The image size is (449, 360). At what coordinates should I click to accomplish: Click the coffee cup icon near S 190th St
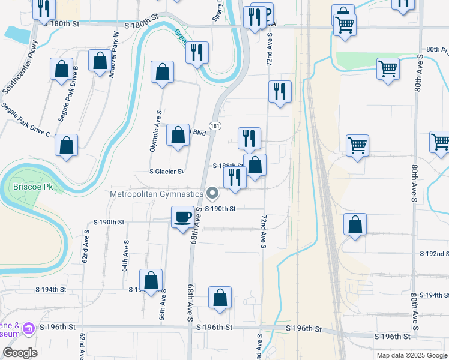(182, 217)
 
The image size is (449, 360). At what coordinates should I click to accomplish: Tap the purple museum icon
(28, 329)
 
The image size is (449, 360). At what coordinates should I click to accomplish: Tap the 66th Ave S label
(163, 305)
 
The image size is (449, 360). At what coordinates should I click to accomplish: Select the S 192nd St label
(433, 254)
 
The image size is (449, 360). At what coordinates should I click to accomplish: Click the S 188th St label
(229, 166)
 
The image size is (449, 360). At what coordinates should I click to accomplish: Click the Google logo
(20, 352)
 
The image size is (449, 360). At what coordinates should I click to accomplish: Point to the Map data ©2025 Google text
(412, 355)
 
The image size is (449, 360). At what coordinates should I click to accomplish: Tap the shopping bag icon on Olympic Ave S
(162, 72)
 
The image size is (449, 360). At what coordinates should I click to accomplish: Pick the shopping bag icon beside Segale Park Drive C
(66, 145)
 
